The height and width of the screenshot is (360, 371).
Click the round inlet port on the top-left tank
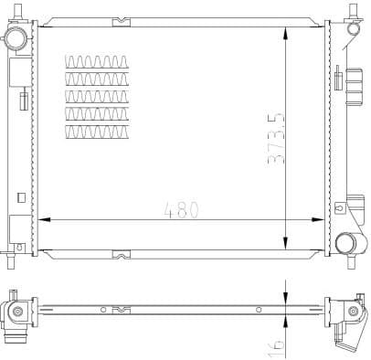(16, 38)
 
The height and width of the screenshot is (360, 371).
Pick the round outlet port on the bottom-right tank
(345, 244)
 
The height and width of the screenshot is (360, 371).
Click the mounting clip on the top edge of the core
(119, 21)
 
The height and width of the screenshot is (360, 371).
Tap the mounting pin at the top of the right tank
(351, 11)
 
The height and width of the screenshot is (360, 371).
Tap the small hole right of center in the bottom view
(259, 311)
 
